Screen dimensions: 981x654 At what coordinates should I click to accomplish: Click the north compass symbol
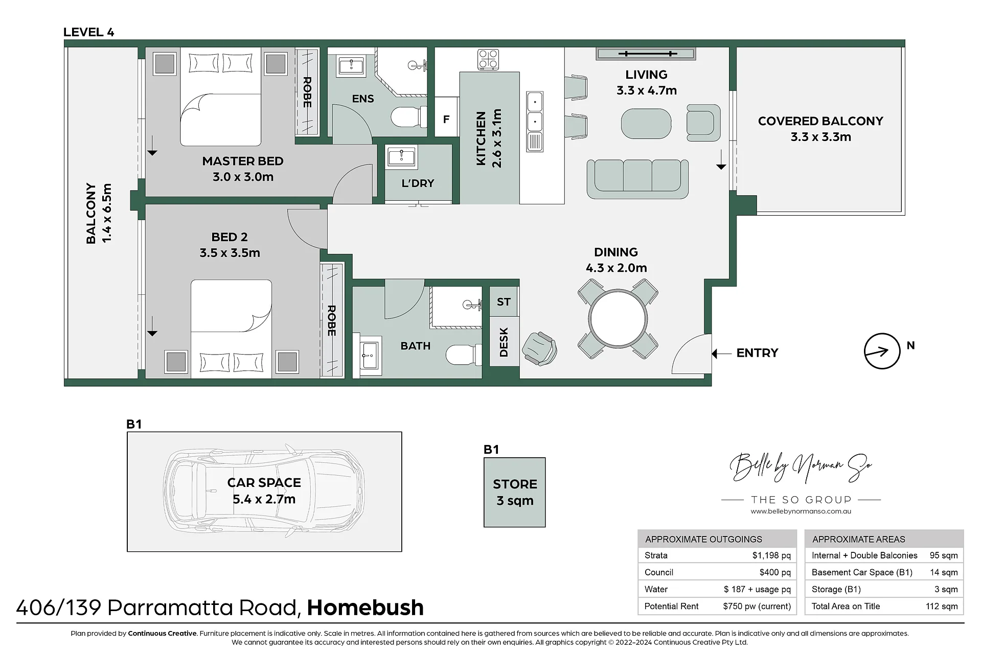(882, 351)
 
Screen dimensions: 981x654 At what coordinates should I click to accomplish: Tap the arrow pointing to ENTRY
(721, 353)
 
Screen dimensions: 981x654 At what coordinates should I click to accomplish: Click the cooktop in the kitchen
(488, 59)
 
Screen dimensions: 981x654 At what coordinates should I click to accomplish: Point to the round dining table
(618, 318)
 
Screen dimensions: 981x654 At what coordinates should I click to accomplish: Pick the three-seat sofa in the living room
(637, 179)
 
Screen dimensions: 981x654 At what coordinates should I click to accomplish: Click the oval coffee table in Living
(646, 124)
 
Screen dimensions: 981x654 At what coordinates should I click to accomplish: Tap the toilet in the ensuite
(408, 117)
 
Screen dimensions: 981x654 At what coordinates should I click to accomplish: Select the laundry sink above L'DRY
(401, 156)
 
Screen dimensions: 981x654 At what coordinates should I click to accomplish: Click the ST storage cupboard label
(504, 302)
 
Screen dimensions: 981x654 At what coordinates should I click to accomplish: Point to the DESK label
(504, 342)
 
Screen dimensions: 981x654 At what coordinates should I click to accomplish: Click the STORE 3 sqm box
(515, 492)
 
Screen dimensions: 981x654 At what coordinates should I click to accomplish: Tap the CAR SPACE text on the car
(264, 483)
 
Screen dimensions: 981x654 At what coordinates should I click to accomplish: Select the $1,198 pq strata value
(771, 555)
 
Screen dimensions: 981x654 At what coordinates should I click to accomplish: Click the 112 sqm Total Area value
(942, 606)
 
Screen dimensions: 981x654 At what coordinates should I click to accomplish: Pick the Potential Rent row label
(671, 606)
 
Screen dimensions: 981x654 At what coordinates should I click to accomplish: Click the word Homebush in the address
(365, 608)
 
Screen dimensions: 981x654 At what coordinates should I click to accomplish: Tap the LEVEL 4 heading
(88, 32)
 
